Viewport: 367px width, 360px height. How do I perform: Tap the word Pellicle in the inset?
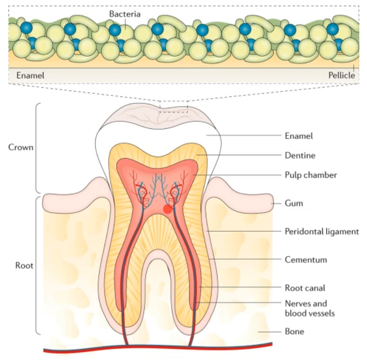point(340,75)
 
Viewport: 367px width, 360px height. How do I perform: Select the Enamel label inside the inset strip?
point(30,75)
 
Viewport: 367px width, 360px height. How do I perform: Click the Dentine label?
point(300,155)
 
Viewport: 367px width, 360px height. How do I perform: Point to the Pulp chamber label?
point(311,175)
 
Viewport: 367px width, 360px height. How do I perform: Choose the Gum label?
point(294,204)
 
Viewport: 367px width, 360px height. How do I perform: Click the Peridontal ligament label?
point(321,231)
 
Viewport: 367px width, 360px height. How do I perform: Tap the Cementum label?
point(306,259)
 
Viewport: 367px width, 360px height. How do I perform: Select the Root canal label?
point(305,288)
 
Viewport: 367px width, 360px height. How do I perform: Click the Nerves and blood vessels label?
point(310,308)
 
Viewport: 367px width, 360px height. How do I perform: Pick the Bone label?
point(294,332)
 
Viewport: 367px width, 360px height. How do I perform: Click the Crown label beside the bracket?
point(21,147)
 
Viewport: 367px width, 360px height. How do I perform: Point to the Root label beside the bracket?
point(24,265)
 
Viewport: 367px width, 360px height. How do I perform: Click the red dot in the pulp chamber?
point(168,209)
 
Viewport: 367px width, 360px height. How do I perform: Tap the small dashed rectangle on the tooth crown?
point(173,109)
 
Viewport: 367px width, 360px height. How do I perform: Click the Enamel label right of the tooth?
point(299,136)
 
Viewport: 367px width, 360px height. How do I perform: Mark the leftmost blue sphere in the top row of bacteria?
point(26,28)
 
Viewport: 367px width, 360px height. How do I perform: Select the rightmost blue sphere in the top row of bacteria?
point(332,29)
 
